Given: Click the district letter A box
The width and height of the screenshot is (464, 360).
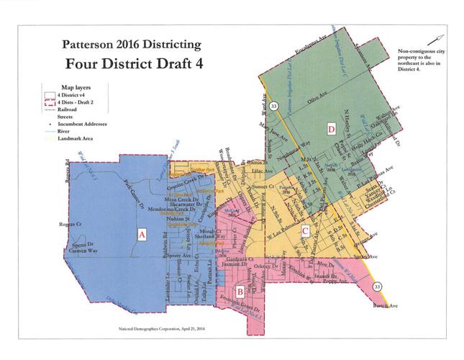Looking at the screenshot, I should pos(142,233).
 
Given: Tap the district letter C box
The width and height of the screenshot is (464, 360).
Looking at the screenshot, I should pos(305,230).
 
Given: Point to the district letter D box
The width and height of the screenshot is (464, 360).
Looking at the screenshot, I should pos(331,129).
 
